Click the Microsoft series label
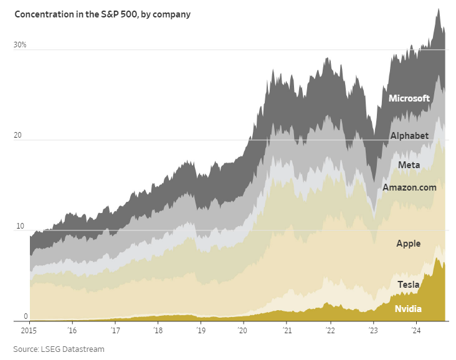click(x=409, y=98)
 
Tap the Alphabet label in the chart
click(x=409, y=136)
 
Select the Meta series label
click(x=409, y=165)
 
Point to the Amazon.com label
click(x=409, y=187)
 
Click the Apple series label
click(x=409, y=244)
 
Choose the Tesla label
click(x=409, y=285)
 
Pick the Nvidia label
click(x=408, y=309)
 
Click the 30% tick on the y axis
click(x=21, y=45)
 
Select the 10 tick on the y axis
click(x=19, y=226)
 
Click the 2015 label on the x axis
click(x=29, y=331)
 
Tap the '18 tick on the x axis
click(x=158, y=331)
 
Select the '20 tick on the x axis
click(x=243, y=331)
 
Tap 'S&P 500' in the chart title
click(x=120, y=14)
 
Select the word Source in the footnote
click(x=26, y=349)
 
